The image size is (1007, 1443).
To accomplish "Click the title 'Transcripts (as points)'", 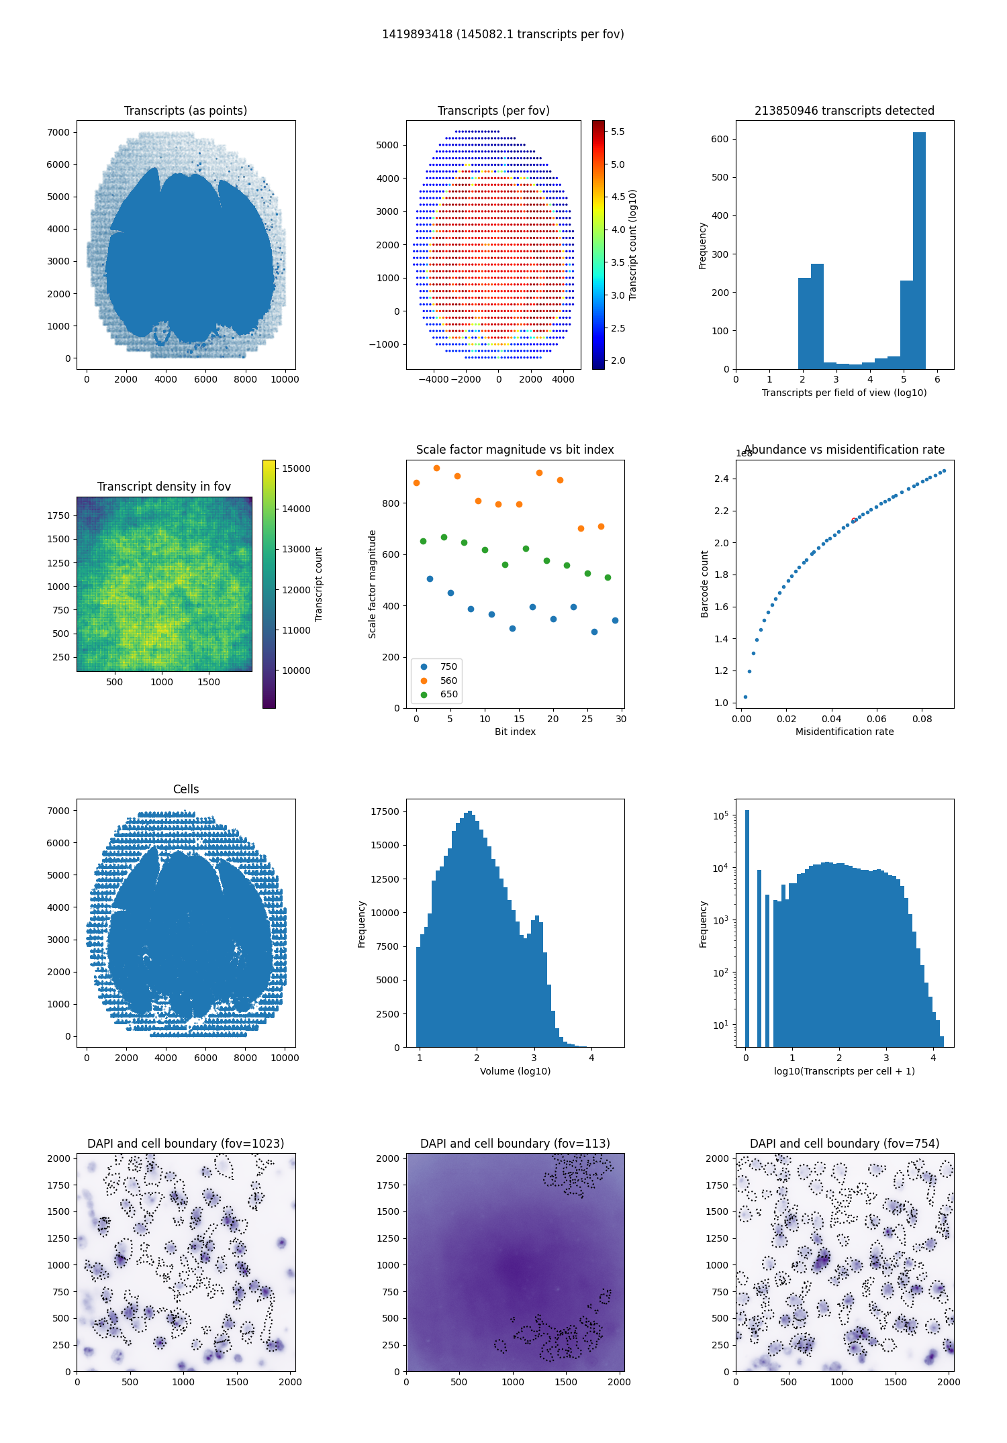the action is (x=185, y=111).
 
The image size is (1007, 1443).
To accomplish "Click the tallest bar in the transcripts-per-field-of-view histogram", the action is (x=919, y=250).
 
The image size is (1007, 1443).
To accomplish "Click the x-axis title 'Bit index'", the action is (x=515, y=732).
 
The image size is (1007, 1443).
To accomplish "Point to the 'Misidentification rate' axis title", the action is (x=845, y=732).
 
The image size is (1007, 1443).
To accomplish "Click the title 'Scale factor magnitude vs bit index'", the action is (x=515, y=450).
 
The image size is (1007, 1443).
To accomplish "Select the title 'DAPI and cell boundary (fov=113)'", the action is (x=515, y=1144).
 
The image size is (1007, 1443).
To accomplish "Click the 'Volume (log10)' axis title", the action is (x=515, y=1071).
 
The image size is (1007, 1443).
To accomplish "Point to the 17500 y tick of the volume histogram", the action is (x=385, y=811).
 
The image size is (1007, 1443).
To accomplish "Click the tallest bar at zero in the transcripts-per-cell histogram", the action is (x=747, y=929).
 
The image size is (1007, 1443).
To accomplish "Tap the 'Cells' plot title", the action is (x=186, y=789).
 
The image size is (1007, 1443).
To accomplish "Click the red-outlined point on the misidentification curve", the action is (x=853, y=520).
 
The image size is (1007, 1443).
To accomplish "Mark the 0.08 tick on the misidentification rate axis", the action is (x=922, y=719).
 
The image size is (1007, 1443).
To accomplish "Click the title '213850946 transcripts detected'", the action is (x=845, y=111).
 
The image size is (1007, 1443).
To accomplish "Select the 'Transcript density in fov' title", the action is (x=164, y=487).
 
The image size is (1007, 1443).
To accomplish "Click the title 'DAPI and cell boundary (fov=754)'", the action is (x=845, y=1144).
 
